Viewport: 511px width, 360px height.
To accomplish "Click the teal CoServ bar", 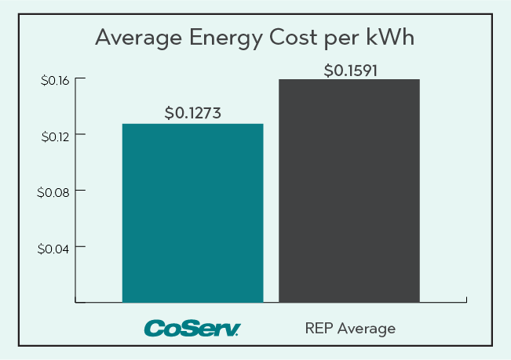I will click(x=192, y=213).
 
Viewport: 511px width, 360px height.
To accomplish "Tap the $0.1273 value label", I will click(x=192, y=113).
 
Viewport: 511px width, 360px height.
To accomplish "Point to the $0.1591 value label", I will click(x=351, y=70).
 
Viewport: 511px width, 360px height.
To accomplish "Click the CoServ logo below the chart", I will click(x=192, y=327).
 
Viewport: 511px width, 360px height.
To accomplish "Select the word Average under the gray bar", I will click(x=367, y=328).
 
